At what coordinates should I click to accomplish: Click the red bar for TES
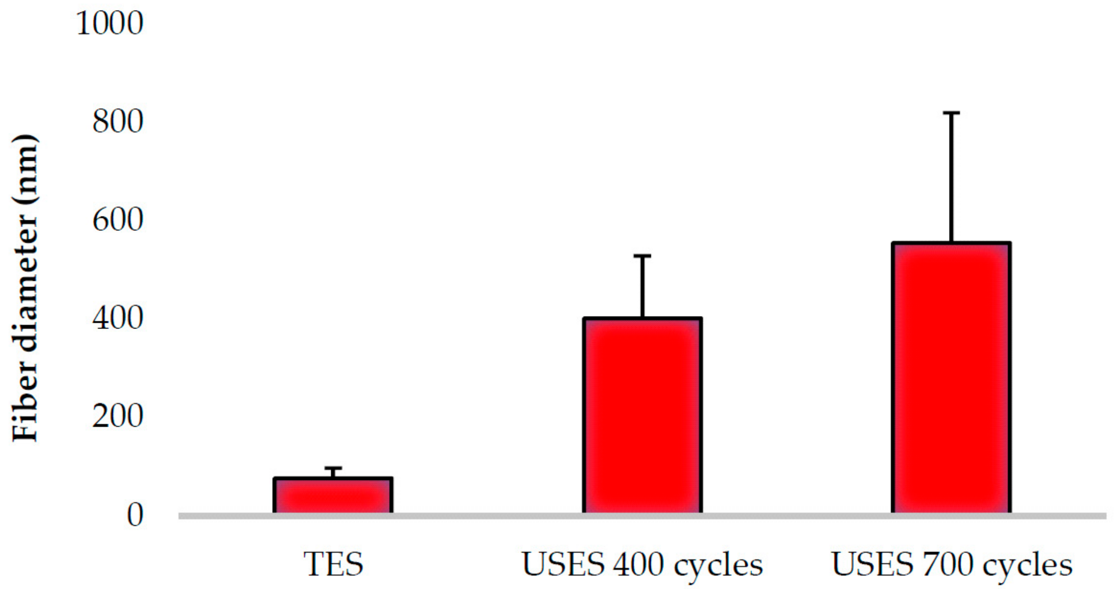[x=333, y=495]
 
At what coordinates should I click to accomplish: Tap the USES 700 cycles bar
[x=951, y=378]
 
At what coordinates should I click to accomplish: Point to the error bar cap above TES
[x=333, y=468]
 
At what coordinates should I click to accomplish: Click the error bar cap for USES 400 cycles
[x=642, y=256]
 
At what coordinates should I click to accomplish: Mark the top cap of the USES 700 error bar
[x=951, y=113]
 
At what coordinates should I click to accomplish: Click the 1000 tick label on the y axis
[x=110, y=23]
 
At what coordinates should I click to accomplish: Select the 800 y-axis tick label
[x=117, y=121]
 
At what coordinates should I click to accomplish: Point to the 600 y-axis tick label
[x=117, y=220]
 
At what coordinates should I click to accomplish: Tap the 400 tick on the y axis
[x=117, y=318]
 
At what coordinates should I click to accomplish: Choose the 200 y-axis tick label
[x=117, y=416]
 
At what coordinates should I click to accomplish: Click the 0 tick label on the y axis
[x=135, y=515]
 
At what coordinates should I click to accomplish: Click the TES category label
[x=333, y=564]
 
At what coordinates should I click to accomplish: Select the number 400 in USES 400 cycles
[x=638, y=564]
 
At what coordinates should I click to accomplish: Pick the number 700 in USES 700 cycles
[x=948, y=564]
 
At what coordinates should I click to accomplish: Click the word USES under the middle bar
[x=563, y=564]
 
